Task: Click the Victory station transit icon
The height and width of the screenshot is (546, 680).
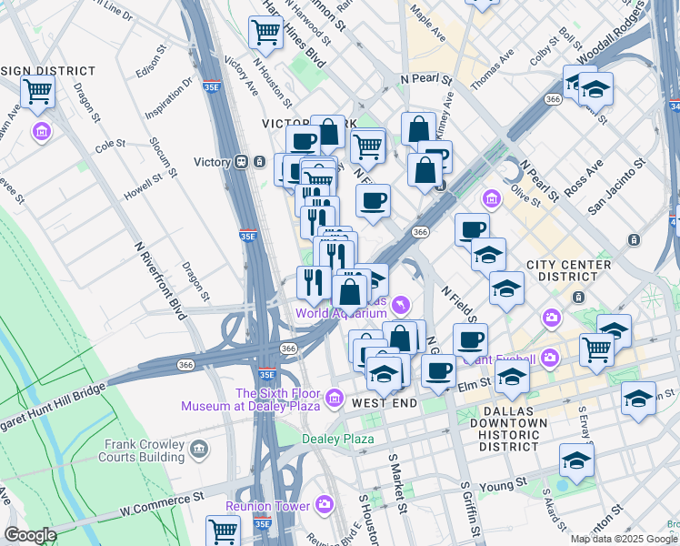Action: coord(241,162)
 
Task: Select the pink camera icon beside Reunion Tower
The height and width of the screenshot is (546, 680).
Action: coord(325,505)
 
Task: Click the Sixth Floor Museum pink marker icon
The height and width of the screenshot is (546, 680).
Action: coord(335,399)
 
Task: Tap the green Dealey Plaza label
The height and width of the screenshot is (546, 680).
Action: coord(338,440)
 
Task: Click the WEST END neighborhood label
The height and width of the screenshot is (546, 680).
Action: coord(385,403)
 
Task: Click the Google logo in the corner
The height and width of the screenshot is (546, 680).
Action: coord(30,535)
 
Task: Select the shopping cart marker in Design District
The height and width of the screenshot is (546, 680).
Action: coord(38,92)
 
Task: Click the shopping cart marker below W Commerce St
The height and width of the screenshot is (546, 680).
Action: coord(223,530)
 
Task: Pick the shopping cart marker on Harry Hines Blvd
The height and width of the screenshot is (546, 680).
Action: coord(265,33)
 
